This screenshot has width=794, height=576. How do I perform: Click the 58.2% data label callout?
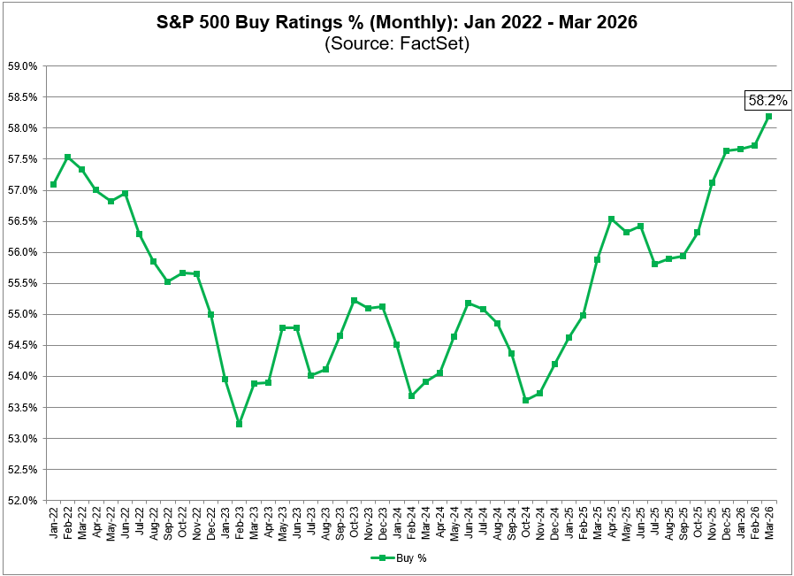click(767, 101)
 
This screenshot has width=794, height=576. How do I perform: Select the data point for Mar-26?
click(768, 116)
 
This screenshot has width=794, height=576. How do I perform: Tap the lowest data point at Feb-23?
click(239, 424)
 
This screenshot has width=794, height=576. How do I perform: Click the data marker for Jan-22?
click(53, 184)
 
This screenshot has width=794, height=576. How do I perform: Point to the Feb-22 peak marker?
click(67, 157)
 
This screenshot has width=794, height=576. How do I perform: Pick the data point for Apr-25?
click(611, 219)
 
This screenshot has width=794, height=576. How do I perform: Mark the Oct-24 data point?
click(525, 400)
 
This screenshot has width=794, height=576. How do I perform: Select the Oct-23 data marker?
click(354, 301)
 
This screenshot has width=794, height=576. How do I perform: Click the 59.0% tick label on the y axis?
click(22, 66)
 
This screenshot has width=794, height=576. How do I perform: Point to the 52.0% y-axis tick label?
click(22, 501)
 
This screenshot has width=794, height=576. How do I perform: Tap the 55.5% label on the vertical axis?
click(22, 283)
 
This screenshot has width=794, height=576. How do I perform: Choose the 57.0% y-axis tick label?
click(22, 190)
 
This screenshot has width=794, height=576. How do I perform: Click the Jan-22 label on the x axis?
click(54, 522)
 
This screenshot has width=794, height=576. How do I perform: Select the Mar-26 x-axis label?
click(769, 522)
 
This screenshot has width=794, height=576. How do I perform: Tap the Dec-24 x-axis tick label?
click(554, 522)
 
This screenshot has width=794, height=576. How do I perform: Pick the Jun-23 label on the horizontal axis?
click(297, 522)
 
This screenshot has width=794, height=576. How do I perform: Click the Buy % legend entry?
click(398, 558)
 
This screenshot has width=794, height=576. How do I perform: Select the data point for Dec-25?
click(726, 150)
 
